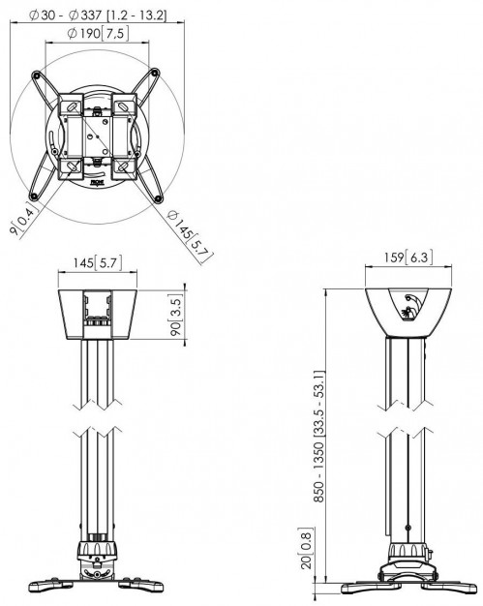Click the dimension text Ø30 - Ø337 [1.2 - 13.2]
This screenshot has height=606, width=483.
[98, 15]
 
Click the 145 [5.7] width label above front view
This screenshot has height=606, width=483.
[96, 260]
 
